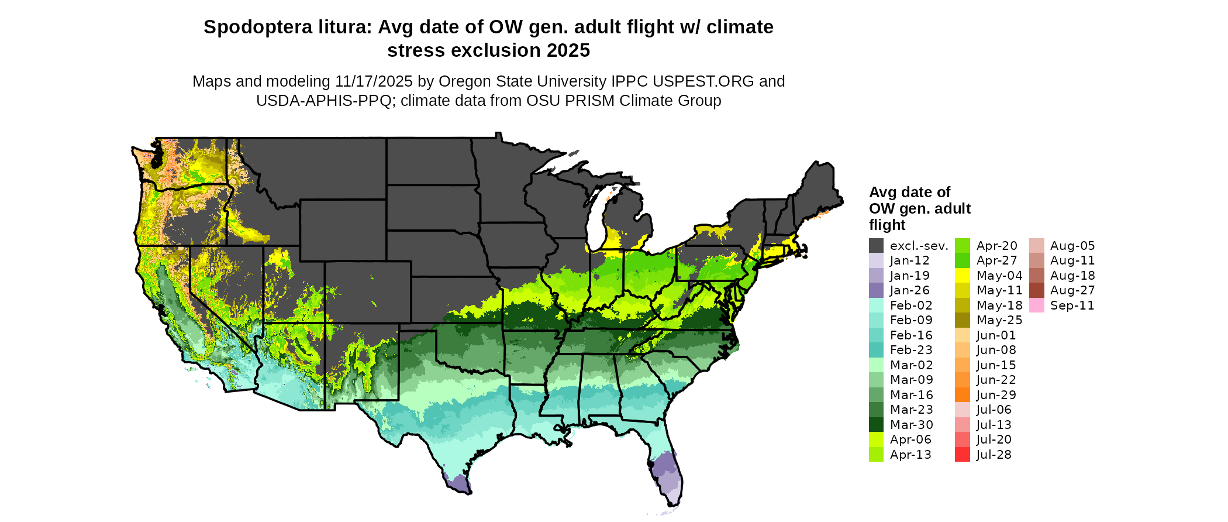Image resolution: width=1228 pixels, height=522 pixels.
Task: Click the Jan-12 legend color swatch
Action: click(876, 261)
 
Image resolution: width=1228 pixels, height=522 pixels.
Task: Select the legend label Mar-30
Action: click(912, 425)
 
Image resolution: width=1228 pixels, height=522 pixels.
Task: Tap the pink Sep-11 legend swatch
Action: click(1036, 305)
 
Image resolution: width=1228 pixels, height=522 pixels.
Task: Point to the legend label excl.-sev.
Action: click(919, 246)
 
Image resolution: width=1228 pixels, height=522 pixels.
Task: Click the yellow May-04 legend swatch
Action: click(962, 276)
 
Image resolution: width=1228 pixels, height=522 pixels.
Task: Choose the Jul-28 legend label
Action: click(994, 455)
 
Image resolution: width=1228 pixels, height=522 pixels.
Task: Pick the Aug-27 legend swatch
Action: click(1036, 290)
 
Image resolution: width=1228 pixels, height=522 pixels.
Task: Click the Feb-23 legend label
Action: click(911, 350)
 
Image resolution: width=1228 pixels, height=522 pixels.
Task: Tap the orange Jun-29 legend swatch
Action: click(962, 395)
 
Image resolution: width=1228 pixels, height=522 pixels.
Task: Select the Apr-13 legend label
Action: click(910, 455)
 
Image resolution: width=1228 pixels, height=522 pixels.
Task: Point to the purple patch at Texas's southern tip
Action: click(459, 483)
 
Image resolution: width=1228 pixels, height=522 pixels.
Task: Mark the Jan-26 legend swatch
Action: click(876, 290)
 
